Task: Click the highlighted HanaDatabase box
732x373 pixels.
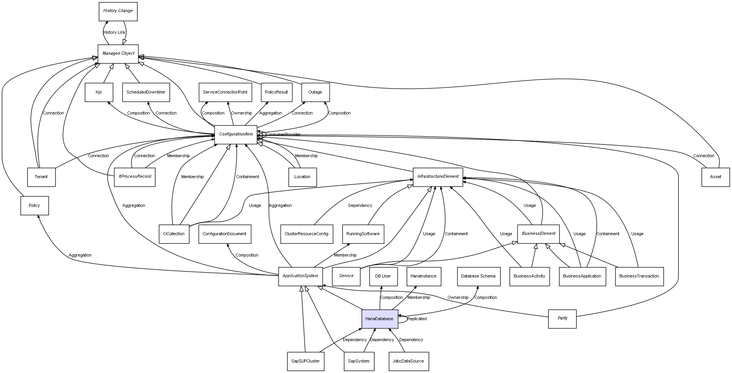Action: coord(379,319)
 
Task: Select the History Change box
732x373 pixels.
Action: coord(118,11)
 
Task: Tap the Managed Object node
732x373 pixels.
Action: coord(118,54)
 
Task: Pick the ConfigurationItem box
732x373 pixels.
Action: coord(236,134)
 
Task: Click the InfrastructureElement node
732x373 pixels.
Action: coord(438,177)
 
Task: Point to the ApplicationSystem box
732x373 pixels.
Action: coord(300,276)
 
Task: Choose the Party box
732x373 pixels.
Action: coord(562,318)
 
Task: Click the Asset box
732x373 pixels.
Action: coord(715,177)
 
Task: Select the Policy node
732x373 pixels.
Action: coord(34,205)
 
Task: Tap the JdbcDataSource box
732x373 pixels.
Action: coord(408,361)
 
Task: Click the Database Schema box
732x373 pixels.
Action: coord(478,276)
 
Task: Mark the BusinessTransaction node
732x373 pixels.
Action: coord(639,276)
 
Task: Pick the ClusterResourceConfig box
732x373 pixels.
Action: coord(306,234)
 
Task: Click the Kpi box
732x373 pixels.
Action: coord(99,92)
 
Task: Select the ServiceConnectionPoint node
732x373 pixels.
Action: coord(225,92)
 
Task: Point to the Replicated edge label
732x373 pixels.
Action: coord(417,319)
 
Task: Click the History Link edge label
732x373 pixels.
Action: coord(114,33)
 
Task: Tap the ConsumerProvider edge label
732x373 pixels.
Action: coord(283,135)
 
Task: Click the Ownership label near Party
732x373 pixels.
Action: coord(458,297)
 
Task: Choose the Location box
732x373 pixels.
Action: coord(302,177)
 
